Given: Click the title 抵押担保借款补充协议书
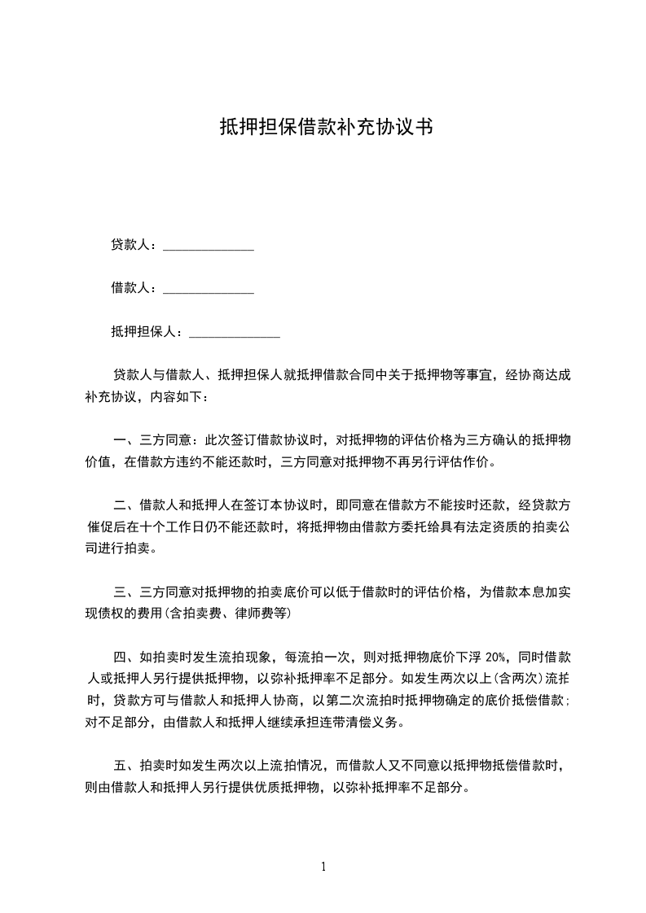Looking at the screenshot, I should click(325, 127).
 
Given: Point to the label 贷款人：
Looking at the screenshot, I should click(135, 244).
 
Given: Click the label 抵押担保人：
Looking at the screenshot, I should click(148, 332).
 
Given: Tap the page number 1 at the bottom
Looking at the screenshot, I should click(323, 867).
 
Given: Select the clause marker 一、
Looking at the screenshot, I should click(124, 441).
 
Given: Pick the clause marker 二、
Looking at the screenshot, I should click(124, 505).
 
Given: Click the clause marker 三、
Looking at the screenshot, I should click(124, 592).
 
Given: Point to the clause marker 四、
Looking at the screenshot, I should click(124, 657).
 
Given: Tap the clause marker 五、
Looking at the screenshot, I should click(124, 766).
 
